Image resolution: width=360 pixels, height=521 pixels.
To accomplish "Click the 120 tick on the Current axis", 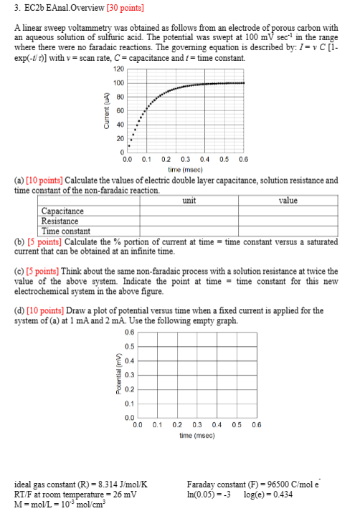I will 119,69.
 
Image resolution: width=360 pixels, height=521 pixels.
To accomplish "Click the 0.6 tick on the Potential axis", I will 128,331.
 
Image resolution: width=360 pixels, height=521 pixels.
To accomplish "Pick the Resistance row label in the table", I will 60,221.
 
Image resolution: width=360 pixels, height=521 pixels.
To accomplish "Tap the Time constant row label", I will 65,231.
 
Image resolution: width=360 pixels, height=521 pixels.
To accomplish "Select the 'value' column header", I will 288,201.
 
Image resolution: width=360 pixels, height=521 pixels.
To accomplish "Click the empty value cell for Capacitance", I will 288,211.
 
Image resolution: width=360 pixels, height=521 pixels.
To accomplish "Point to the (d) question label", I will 19,311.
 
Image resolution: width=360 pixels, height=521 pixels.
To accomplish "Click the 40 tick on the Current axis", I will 120,124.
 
